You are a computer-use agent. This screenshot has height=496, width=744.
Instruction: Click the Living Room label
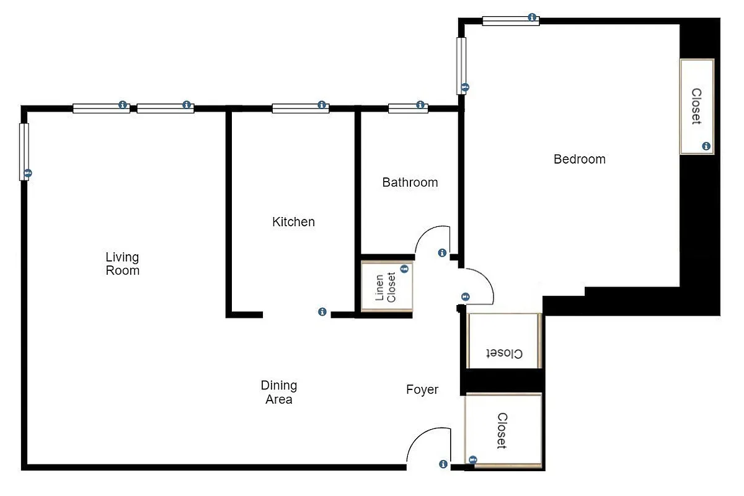point(122,263)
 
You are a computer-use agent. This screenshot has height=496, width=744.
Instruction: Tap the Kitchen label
point(293,222)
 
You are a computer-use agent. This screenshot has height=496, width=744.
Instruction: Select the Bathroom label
point(410,182)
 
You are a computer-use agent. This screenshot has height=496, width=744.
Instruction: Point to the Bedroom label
point(579,159)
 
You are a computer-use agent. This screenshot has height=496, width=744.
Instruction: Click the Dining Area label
point(278,392)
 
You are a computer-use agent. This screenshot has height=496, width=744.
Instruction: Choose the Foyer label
point(422,389)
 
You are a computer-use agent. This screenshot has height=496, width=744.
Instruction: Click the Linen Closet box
point(387,286)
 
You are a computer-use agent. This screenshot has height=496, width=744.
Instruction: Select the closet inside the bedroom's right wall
point(697,106)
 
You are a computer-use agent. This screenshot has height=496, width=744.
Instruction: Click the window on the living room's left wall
point(24,151)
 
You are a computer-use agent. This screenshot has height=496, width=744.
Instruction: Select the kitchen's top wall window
point(300,108)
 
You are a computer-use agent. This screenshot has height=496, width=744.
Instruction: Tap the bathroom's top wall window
point(408,108)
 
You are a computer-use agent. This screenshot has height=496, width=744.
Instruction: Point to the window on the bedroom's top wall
point(510,20)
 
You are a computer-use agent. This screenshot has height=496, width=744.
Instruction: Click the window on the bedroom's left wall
point(461,66)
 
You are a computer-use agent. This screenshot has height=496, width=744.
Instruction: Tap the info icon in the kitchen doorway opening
point(322,312)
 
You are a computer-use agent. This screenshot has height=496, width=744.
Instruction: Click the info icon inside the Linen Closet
point(404,269)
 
